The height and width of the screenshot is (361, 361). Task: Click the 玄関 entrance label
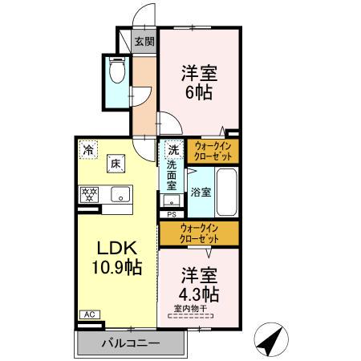point(144,42)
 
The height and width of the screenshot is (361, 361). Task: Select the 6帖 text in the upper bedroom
point(200,91)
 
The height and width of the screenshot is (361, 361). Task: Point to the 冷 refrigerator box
point(87,149)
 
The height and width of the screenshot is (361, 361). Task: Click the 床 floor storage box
point(116,164)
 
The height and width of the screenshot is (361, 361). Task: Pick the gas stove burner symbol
point(90,193)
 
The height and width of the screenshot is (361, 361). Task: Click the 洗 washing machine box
point(172,149)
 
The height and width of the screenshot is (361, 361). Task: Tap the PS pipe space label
point(172,215)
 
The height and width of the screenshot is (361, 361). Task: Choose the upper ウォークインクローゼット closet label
point(212,150)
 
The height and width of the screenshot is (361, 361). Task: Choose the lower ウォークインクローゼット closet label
point(198,233)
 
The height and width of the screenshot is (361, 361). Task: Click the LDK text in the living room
point(115,249)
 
